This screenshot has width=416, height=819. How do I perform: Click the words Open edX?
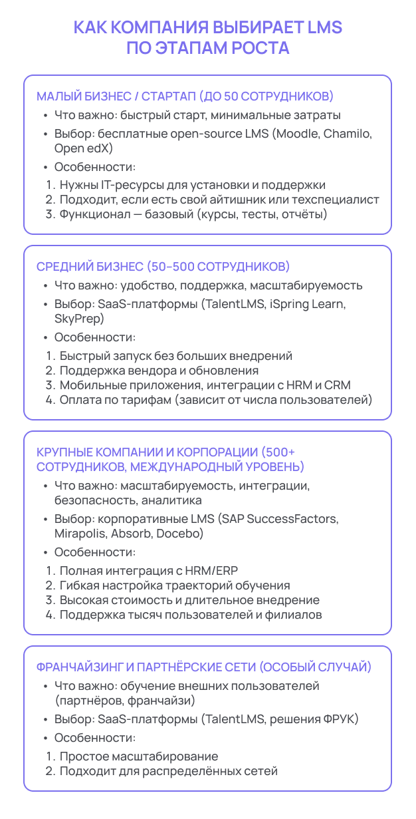pos(84,148)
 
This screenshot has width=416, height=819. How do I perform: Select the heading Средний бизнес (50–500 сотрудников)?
pos(163,267)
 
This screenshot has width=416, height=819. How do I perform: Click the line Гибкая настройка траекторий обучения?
pos(175,585)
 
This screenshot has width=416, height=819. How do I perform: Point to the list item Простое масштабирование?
pos(138,756)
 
